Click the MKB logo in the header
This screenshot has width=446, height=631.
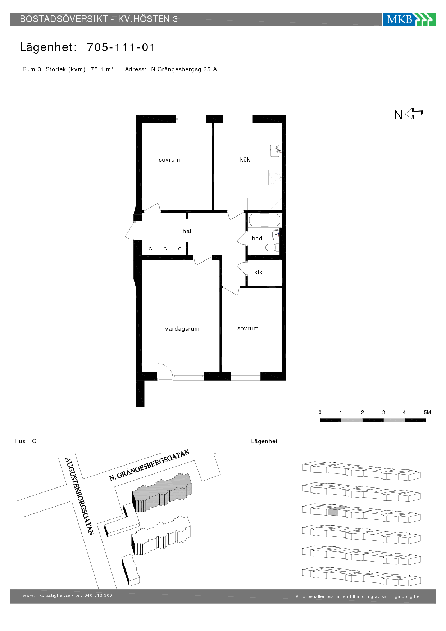click(409, 19)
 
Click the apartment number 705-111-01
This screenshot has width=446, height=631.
click(121, 47)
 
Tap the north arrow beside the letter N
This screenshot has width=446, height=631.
click(414, 114)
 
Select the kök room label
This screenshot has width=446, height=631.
click(245, 159)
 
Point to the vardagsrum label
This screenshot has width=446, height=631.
click(182, 328)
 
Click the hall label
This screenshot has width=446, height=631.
click(188, 231)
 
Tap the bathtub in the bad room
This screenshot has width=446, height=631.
click(264, 220)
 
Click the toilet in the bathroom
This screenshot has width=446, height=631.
click(272, 248)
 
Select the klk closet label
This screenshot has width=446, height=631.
click(258, 272)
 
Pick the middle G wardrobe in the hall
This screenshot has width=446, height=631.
click(165, 249)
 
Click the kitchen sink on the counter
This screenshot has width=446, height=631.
click(275, 150)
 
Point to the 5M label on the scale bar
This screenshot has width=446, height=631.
click(427, 412)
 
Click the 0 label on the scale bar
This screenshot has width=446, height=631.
click(320, 412)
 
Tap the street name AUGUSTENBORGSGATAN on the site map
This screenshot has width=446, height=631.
click(79, 496)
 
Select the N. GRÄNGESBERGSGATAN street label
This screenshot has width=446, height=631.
click(149, 465)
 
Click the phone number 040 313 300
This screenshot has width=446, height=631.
click(98, 595)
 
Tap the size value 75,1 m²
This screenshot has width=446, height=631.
click(102, 69)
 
